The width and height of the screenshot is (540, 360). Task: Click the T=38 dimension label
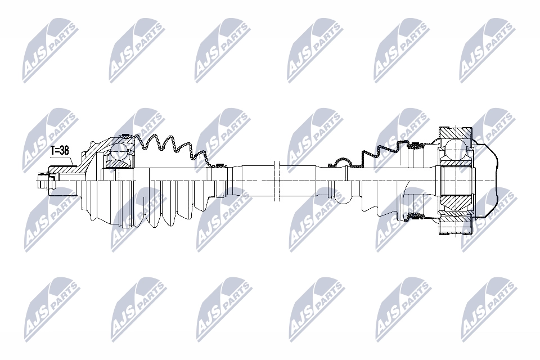tap(60, 151)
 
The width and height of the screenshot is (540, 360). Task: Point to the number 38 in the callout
tap(64, 151)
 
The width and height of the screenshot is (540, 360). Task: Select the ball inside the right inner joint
tap(455, 148)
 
